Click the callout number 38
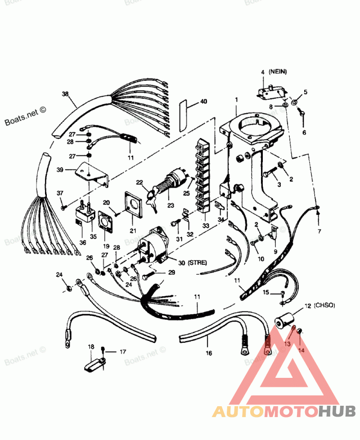pos(65,94)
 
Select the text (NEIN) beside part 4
pos(278,72)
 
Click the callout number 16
pos(208,354)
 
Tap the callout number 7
pos(320,231)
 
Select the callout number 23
pos(171,204)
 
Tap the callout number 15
pos(266,293)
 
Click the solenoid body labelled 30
pos(156,244)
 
